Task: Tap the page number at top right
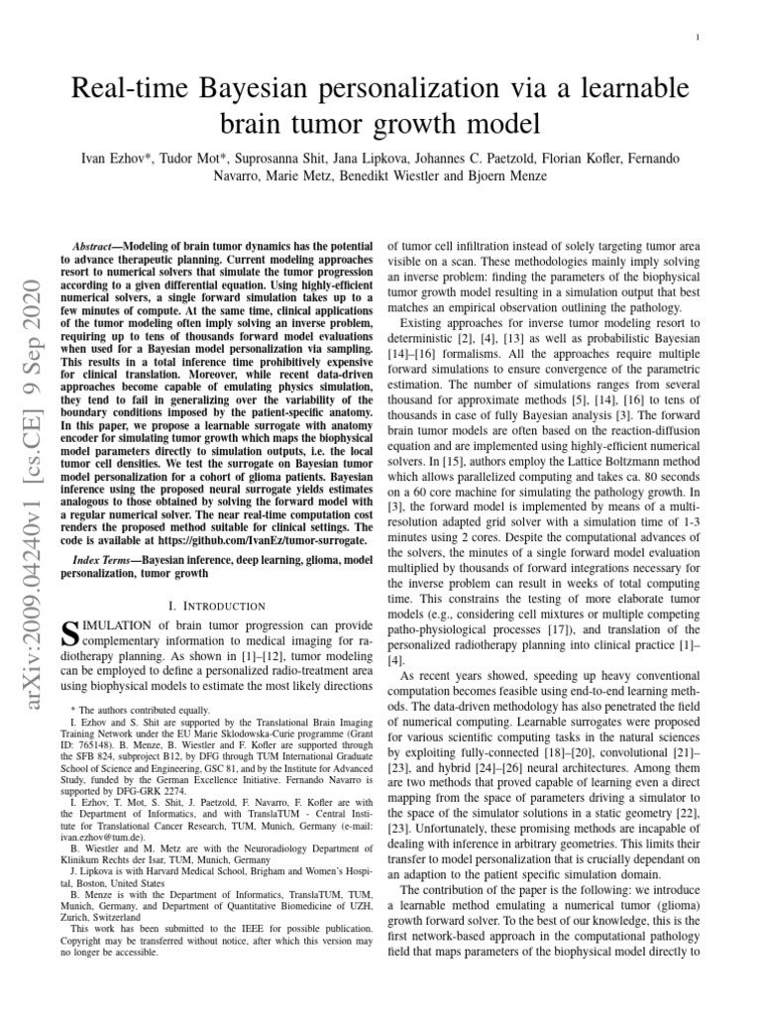699,38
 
